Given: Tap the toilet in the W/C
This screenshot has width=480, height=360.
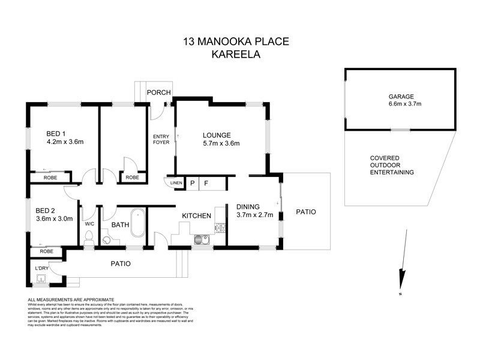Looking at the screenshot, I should click(x=88, y=239).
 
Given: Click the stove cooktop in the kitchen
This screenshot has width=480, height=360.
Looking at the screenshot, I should click(x=220, y=228).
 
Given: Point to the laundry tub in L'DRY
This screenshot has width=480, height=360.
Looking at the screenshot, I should click(x=42, y=278).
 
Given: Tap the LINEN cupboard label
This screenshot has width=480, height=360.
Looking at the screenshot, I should click(x=175, y=183).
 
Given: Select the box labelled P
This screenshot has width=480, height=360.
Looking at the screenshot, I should click(x=193, y=183).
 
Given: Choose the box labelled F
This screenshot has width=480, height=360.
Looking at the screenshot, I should click(x=206, y=183).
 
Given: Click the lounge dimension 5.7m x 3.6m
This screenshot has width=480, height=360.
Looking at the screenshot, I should click(x=221, y=143).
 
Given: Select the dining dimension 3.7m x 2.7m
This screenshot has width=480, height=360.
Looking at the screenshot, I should click(x=259, y=215).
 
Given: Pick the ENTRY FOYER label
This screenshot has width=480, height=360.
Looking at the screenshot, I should click(x=161, y=139).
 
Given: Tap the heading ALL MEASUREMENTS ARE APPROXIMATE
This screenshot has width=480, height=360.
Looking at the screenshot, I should click(x=71, y=299).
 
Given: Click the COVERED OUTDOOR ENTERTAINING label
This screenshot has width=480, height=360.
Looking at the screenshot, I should click(x=392, y=165).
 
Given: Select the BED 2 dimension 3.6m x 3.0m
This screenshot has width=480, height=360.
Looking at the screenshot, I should click(x=54, y=219).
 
